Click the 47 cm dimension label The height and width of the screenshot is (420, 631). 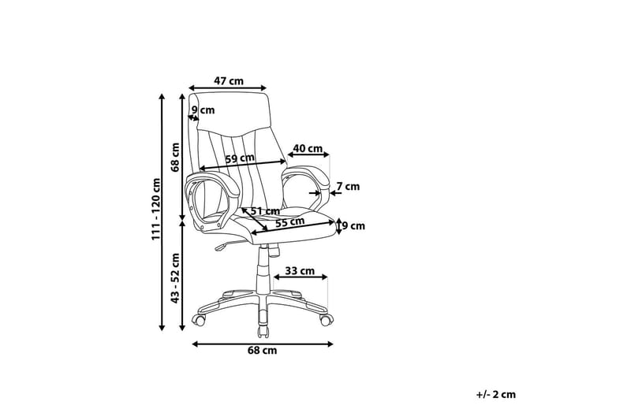pos(228,81)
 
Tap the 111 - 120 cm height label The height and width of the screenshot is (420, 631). pos(155,210)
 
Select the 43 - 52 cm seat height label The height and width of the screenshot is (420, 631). pos(175,278)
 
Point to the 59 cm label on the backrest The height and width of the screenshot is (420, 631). pos(240,158)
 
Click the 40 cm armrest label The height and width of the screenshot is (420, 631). pos(308,148)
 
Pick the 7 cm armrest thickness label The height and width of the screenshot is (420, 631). pos(348,187)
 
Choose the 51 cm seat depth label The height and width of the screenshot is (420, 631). pos(265,211)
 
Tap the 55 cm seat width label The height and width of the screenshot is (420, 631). pos(289,221)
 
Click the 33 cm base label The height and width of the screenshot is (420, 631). pos(300,271)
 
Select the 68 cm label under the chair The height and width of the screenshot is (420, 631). pos(262,351)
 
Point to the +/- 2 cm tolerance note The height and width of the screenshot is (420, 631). pos(496,394)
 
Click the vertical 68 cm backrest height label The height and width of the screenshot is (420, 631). pos(175,157)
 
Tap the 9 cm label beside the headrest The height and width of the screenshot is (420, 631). pos(203,110)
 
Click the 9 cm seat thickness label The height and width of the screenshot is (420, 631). pos(353,226)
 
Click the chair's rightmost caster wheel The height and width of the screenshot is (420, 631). pos(327,321)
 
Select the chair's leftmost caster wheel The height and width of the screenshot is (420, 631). pos(199,321)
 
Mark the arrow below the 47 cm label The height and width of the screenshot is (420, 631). pos(228,88)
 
